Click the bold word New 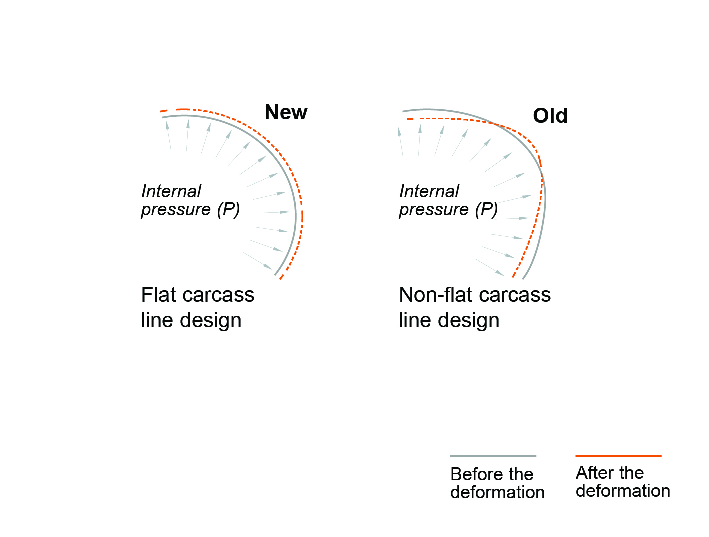tap(286, 113)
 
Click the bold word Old tap(550, 116)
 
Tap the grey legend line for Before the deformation tap(493, 456)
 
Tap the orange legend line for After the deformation tap(618, 456)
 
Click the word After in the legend tap(595, 473)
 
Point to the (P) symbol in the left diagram tap(228, 209)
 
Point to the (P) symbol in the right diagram tap(486, 209)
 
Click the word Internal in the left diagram tap(171, 191)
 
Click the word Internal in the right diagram tap(429, 191)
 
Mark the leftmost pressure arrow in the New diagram tap(169, 136)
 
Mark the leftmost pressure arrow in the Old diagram tap(400, 143)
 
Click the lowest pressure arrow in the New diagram tap(258, 261)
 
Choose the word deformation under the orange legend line tap(623, 491)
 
